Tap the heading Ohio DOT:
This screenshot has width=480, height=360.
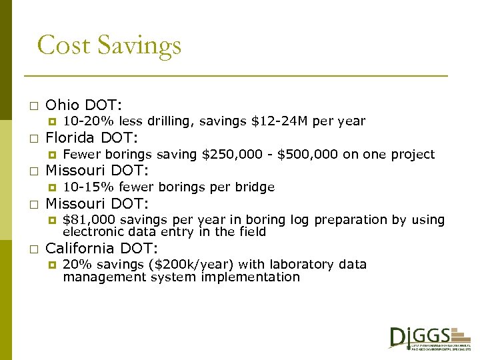tap(84, 105)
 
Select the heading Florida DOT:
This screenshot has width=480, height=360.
tap(91, 138)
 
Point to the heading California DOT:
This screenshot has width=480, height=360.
tap(101, 249)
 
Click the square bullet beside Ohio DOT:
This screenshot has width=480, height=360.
tap(33, 106)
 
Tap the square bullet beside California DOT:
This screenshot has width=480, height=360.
tap(33, 249)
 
